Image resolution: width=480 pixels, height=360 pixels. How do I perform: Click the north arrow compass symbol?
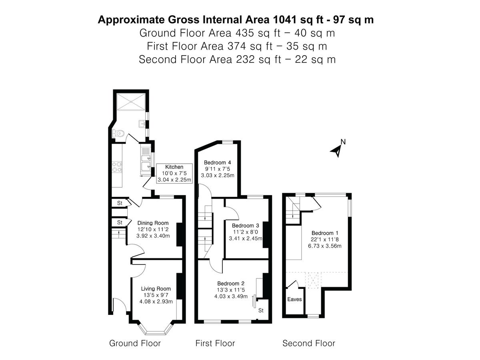(x=337, y=150)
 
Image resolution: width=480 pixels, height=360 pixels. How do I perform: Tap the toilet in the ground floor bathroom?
(x=118, y=133)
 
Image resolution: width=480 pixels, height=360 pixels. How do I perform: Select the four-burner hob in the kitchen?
(x=117, y=167)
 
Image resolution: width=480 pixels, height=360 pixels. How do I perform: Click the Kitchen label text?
(x=174, y=167)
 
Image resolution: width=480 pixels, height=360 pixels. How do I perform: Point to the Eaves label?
(x=294, y=299)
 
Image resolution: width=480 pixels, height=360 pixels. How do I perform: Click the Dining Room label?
(x=153, y=223)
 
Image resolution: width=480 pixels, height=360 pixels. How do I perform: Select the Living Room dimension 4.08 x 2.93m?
(x=156, y=302)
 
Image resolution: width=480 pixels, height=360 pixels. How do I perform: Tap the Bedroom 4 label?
(x=217, y=162)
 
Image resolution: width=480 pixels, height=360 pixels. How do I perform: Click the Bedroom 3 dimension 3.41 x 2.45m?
(x=246, y=238)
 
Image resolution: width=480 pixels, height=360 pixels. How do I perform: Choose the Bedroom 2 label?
(x=231, y=284)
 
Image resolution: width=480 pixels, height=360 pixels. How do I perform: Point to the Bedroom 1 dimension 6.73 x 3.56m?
(x=325, y=246)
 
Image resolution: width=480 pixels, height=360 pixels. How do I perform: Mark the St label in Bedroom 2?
(x=261, y=310)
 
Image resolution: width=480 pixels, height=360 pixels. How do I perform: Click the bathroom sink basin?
(x=142, y=124)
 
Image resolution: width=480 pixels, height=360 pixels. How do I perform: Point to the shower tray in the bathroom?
(x=131, y=102)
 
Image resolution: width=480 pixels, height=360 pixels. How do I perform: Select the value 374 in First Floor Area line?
(x=236, y=46)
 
